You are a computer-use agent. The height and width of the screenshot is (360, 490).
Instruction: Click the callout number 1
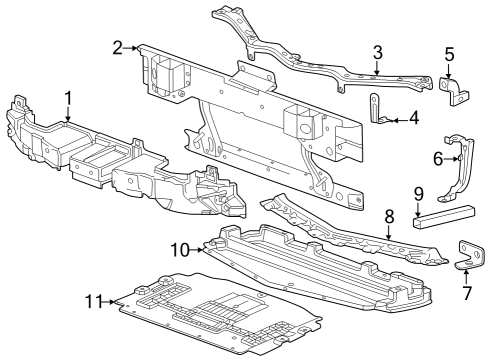click(x=67, y=97)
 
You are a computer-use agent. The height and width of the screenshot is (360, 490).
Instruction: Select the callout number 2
click(x=118, y=47)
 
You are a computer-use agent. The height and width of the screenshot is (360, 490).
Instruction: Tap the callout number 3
click(x=377, y=51)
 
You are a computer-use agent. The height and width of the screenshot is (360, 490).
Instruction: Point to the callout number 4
click(x=413, y=118)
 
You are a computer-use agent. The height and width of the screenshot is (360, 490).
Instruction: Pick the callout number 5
click(x=449, y=54)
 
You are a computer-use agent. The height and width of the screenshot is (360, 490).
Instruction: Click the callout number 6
click(x=438, y=158)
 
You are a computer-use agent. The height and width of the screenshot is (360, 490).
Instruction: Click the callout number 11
click(x=93, y=299)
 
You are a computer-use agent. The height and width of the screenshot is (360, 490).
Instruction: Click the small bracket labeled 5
click(x=455, y=91)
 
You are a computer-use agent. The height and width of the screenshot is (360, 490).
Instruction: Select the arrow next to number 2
click(x=133, y=47)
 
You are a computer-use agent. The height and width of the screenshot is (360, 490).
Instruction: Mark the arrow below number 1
click(x=67, y=114)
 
